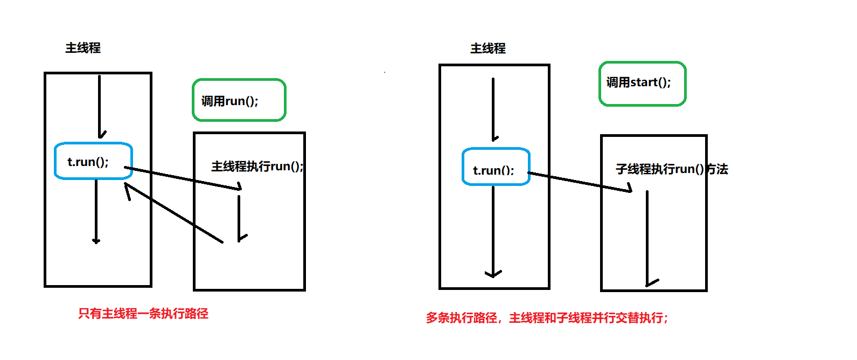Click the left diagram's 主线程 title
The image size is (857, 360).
tap(83, 48)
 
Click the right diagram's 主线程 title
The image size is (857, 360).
tap(488, 49)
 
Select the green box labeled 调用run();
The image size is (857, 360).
tap(239, 100)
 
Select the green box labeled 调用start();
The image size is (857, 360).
tap(642, 84)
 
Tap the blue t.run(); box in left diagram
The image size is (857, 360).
tap(93, 161)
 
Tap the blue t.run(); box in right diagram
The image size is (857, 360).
tap(496, 167)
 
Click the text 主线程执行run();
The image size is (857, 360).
tap(257, 167)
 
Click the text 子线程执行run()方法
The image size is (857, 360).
tap(672, 169)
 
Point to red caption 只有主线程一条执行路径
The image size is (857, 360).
tap(143, 314)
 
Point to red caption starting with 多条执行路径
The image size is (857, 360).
tap(547, 318)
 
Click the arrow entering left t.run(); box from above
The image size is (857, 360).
tap(100, 108)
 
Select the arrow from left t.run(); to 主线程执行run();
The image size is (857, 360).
tap(183, 178)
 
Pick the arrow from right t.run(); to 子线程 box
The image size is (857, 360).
tap(579, 182)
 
